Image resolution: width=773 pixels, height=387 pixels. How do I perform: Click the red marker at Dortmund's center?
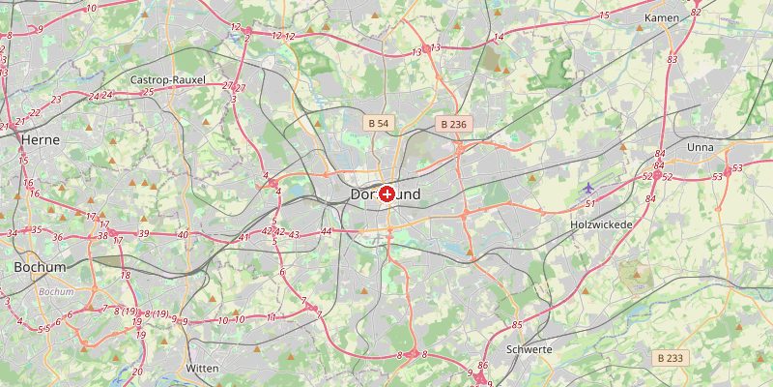pos(386,194)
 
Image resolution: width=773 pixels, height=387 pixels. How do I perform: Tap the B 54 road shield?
pos(378,124)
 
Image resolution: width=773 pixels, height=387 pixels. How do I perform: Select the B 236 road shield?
pos(452,124)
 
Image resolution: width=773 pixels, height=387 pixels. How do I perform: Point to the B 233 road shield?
pos(670,358)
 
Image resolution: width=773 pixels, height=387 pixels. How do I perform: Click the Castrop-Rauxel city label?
pos(167,79)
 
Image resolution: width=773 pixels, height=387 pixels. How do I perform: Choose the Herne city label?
pos(40,139)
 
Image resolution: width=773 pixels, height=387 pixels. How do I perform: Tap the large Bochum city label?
pos(40,266)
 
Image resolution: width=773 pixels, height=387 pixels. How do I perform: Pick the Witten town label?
pos(202,369)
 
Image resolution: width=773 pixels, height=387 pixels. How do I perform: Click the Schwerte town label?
pos(529,349)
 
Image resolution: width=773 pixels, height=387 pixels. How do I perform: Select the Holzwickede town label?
pos(600,224)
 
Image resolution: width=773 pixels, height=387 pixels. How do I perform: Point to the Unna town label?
pos(700,147)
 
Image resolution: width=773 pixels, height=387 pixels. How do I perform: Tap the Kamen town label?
pos(662,18)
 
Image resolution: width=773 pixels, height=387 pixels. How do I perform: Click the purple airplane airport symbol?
pos(589,187)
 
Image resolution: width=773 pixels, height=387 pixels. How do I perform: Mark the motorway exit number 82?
pos(696,13)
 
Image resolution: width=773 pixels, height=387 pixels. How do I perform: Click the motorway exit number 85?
pos(517,324)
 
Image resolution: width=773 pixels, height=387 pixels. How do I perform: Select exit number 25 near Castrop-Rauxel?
pos(148,92)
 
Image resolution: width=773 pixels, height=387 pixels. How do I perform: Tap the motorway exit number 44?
pos(327,231)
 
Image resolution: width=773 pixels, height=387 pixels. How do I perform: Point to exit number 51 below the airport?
pos(589,203)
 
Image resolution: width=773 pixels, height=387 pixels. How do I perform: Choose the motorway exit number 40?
pos(183,235)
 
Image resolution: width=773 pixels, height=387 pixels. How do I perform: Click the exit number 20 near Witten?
pos(137,372)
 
